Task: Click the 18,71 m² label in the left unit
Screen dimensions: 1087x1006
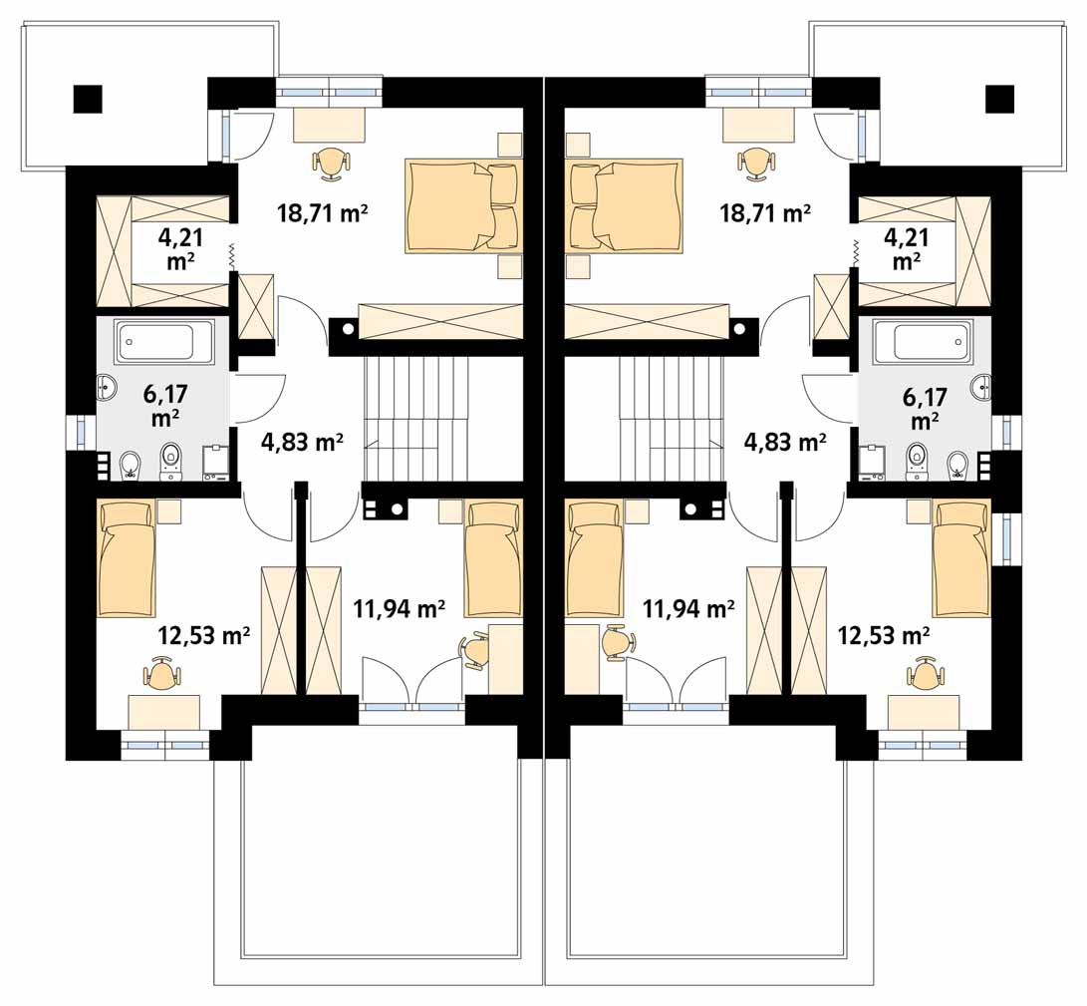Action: pos(323,212)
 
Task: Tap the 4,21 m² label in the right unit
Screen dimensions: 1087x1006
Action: pos(907,249)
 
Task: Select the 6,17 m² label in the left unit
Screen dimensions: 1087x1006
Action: pos(165,405)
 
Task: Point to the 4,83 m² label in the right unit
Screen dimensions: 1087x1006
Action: pos(785,442)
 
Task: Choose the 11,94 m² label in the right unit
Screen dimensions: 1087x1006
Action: pos(688,610)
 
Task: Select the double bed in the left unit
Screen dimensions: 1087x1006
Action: pos(462,206)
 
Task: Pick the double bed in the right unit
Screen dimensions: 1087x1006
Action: pos(624,206)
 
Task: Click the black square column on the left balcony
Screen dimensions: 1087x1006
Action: pos(88,99)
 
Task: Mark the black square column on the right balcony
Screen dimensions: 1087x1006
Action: pos(999,99)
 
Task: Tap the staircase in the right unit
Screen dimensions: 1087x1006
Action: pos(671,419)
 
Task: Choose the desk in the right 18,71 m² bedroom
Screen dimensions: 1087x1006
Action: pos(757,125)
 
